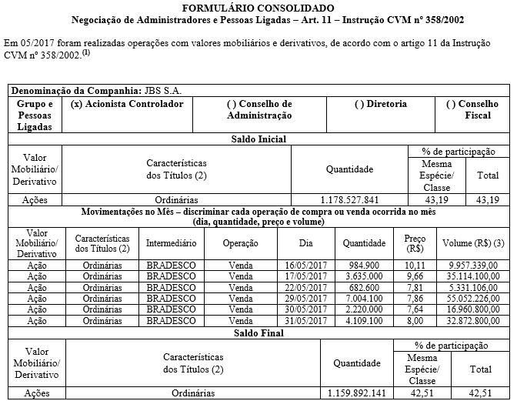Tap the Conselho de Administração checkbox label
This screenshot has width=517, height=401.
[x=259, y=109]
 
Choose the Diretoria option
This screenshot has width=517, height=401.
[x=381, y=104]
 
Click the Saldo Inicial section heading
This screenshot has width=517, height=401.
[x=258, y=139]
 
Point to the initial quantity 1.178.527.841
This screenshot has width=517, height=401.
[x=349, y=199]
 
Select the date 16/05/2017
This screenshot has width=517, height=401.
[x=301, y=266]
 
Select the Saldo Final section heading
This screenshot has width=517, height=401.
[x=258, y=333]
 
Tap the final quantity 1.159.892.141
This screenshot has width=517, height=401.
[x=356, y=393]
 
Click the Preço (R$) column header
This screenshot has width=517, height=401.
[x=415, y=243]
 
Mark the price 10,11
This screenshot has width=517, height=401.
[x=415, y=266]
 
